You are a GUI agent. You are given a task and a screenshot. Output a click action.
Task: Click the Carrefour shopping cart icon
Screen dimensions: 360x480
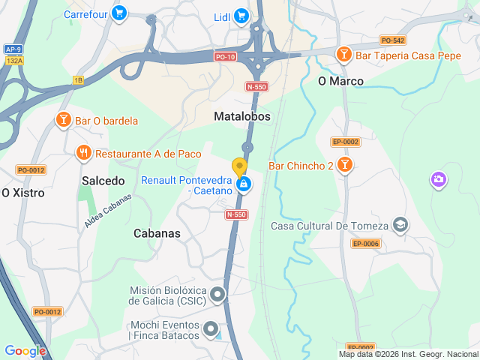tap(118, 13)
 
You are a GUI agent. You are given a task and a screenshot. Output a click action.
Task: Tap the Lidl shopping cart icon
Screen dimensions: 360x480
tap(241, 15)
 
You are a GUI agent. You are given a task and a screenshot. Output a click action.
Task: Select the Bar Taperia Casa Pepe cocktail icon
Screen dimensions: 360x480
tap(343, 54)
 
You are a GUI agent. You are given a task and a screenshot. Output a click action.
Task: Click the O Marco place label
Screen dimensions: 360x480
tap(340, 81)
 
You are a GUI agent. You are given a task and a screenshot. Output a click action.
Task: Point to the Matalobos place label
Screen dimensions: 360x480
tap(241, 117)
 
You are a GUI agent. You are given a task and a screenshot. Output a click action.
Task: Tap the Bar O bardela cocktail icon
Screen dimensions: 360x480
tap(63, 120)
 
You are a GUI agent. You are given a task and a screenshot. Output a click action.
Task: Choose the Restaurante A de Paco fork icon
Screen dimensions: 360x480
tap(84, 154)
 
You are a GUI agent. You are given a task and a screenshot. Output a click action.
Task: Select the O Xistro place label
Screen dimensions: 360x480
tap(22, 193)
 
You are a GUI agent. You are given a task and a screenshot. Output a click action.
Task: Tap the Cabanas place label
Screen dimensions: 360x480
tap(157, 233)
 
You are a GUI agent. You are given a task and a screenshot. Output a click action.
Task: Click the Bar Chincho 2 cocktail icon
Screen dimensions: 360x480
tap(344, 165)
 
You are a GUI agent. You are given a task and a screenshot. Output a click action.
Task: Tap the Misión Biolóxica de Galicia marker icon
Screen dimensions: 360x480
tap(217, 295)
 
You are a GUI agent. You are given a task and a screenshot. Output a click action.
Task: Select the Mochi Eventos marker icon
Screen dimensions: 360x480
tap(211, 328)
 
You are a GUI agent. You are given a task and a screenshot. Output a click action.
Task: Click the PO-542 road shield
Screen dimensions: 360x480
tap(392, 40)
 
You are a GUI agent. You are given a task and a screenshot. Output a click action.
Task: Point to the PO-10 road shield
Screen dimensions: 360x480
tap(224, 56)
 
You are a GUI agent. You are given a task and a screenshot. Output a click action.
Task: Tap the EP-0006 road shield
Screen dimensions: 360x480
tap(366, 243)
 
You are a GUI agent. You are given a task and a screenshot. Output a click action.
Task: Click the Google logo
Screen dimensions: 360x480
tap(25, 351)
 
